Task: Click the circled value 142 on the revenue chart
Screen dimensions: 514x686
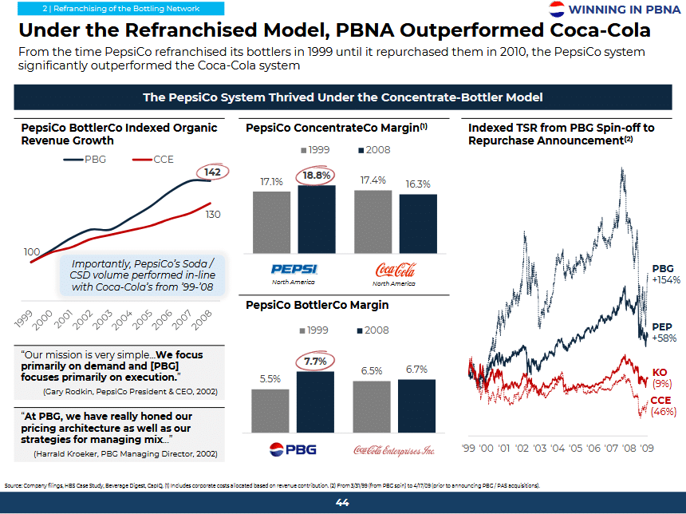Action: tap(213, 172)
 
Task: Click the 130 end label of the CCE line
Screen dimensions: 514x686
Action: tap(213, 215)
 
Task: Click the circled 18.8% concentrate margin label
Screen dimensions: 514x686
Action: tap(316, 176)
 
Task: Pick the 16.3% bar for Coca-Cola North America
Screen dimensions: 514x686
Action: tap(418, 223)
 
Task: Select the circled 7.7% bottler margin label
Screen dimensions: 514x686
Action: tap(316, 362)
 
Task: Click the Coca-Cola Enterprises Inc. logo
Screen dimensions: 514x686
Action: tap(393, 449)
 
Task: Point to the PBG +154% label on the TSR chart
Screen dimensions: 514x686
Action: tap(665, 274)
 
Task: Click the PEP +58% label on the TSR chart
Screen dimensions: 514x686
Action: tap(664, 332)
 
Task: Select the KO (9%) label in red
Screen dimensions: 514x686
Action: tap(660, 378)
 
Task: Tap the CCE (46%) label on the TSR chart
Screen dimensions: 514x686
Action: tap(662, 405)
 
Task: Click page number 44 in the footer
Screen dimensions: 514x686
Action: tap(342, 503)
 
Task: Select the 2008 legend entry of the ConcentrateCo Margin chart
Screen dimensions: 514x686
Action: tap(374, 149)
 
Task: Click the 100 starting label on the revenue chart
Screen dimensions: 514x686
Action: tap(32, 252)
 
